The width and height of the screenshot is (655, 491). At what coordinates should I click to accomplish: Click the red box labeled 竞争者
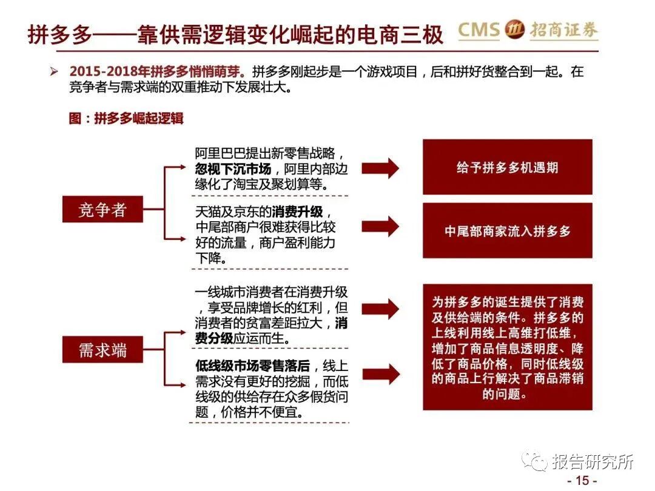pos(102,210)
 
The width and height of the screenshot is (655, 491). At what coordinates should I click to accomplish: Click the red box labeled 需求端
pos(102,350)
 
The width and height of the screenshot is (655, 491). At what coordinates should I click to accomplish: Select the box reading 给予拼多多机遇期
pos(507,167)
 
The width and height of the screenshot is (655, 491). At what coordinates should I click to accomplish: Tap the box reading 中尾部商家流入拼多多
pos(507,231)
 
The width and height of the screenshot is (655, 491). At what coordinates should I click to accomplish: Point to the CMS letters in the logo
pos(479,30)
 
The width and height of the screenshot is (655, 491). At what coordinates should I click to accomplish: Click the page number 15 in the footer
pos(582,480)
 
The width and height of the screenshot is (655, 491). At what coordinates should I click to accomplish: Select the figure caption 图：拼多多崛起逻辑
pos(126,118)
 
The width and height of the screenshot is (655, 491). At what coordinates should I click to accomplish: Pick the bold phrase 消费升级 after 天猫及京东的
pos(298,212)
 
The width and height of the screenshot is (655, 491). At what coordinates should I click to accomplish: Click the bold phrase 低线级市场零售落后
pos(252,366)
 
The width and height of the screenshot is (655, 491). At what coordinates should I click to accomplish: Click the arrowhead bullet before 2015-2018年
pos(54,72)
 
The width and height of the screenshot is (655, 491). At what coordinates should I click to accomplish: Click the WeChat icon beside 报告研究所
pos(536,462)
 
